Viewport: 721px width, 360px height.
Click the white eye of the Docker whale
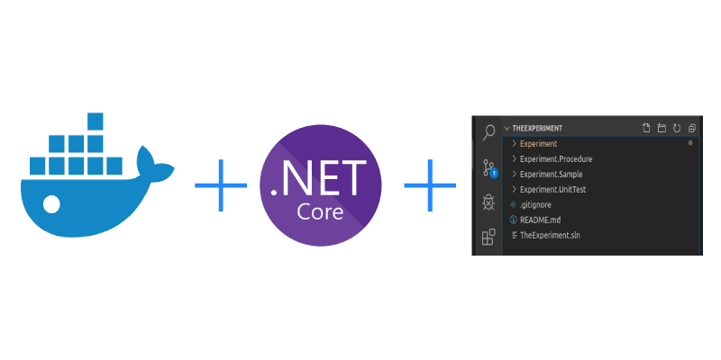[51, 204]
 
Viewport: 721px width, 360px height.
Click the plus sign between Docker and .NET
[221, 184]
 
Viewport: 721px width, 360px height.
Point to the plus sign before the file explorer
[430, 184]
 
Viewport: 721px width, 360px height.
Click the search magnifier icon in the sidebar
[488, 132]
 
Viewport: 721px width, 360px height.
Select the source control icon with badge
[488, 167]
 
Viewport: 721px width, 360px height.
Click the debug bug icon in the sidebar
[488, 202]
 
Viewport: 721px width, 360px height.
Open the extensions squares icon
[488, 238]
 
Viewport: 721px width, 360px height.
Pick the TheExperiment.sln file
[552, 236]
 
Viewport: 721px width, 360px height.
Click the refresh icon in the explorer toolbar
[675, 129]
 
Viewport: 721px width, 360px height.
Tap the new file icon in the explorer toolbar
[645, 129]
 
